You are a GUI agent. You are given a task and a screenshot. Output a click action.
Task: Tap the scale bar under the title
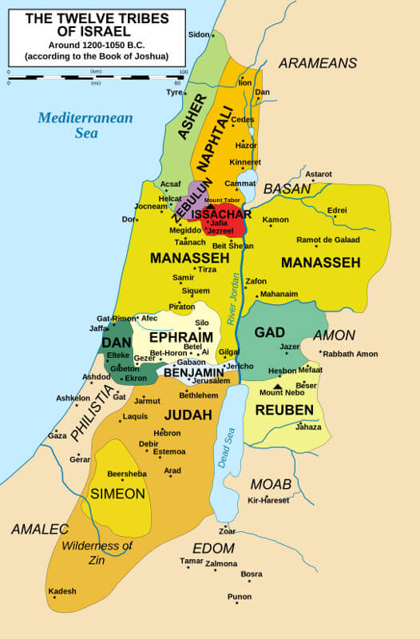(x=96, y=77)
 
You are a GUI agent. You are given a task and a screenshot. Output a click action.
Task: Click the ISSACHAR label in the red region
(x=221, y=214)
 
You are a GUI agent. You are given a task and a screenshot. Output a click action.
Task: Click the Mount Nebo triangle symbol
(x=278, y=385)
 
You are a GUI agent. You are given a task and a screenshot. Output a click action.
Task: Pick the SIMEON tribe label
(x=117, y=494)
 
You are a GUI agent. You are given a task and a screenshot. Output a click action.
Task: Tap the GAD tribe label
(x=269, y=332)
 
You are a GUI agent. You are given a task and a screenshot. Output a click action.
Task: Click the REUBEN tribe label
(x=283, y=410)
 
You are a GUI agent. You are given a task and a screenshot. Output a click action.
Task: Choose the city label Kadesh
(x=62, y=591)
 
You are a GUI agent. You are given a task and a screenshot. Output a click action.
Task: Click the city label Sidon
(x=198, y=34)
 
